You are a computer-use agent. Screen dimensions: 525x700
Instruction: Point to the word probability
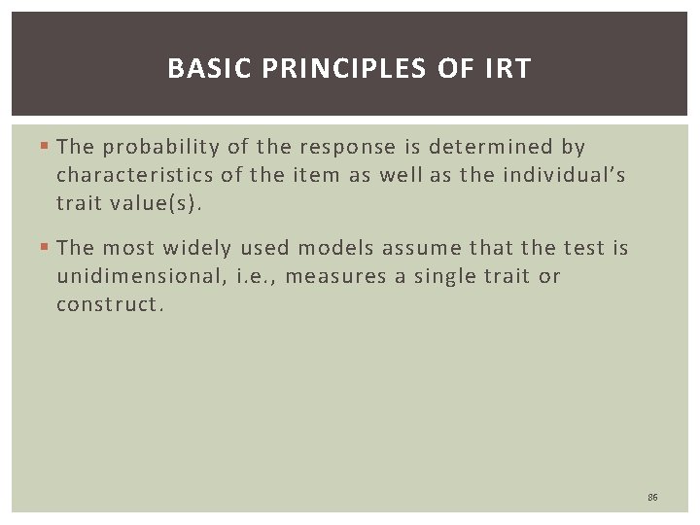[x=162, y=147]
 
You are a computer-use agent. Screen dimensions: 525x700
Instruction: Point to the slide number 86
[x=652, y=497]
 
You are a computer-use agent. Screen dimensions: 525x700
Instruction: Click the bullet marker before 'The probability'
[x=47, y=148]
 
